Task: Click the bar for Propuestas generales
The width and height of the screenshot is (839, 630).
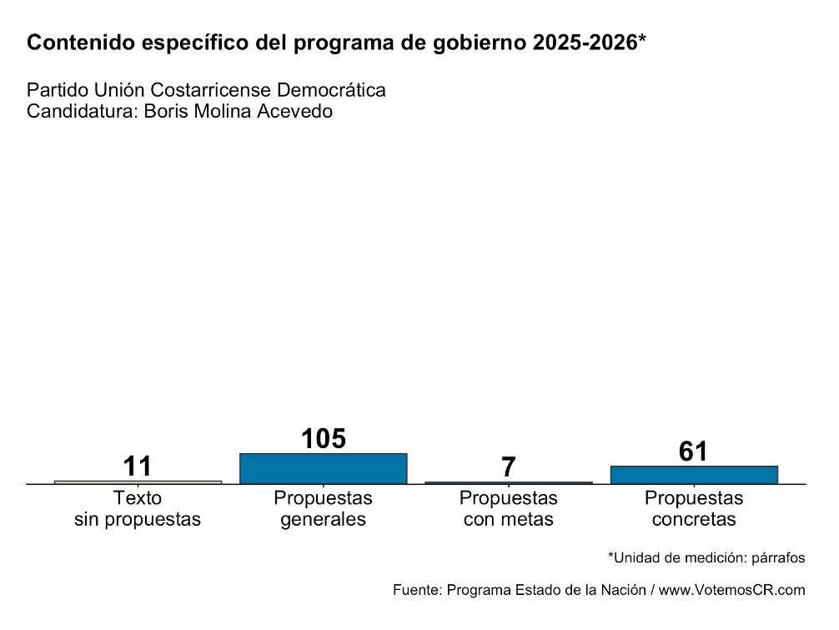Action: pyautogui.click(x=323, y=468)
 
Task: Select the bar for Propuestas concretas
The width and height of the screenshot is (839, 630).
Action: pyautogui.click(x=694, y=474)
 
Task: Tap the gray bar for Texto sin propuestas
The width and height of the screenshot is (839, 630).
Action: pyautogui.click(x=138, y=481)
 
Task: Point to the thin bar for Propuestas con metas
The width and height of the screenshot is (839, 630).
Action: pyautogui.click(x=508, y=482)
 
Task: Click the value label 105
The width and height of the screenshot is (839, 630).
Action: pyautogui.click(x=323, y=439)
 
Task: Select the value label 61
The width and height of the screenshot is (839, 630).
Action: pyautogui.click(x=693, y=451)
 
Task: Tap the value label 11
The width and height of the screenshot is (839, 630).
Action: pyautogui.click(x=138, y=466)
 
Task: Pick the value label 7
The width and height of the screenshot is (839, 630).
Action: pyautogui.click(x=508, y=467)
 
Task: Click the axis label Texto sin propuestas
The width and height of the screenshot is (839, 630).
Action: pyautogui.click(x=138, y=509)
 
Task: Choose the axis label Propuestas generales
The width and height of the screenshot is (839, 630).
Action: pyautogui.click(x=323, y=509)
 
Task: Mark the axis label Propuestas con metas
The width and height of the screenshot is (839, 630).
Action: pyautogui.click(x=508, y=509)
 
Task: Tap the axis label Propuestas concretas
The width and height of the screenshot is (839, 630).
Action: pyautogui.click(x=694, y=509)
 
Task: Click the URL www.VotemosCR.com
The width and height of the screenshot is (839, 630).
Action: pyautogui.click(x=731, y=590)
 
